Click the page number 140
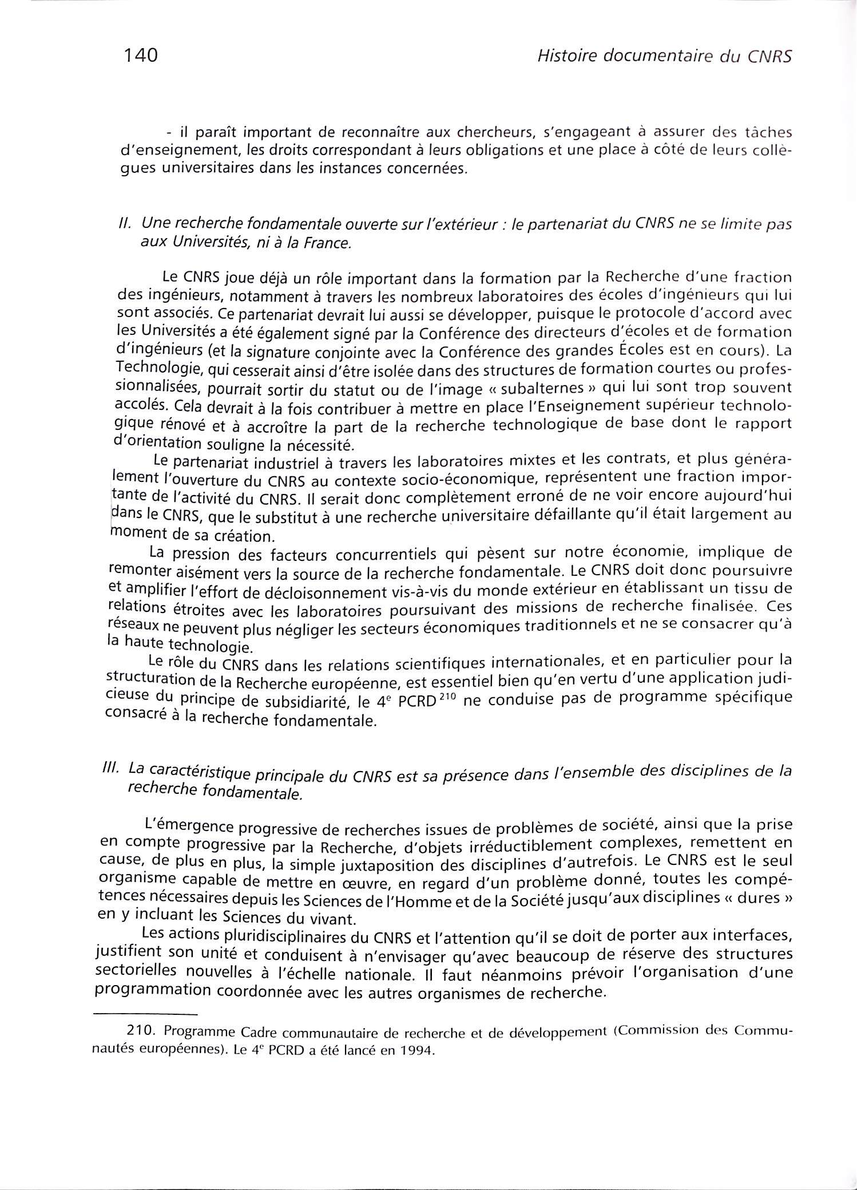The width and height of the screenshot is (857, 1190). pos(140,56)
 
